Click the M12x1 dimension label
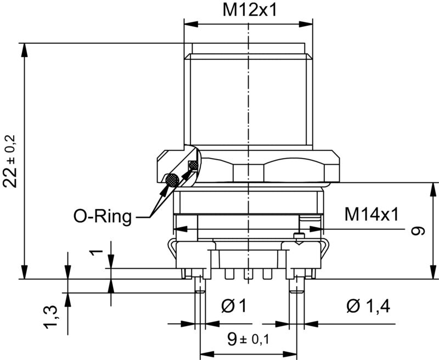(248, 10)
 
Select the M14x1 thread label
(372, 215)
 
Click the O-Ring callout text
(103, 216)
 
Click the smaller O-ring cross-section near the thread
(193, 165)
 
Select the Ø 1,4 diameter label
(368, 306)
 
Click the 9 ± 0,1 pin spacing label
(248, 339)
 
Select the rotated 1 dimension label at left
(97, 252)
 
